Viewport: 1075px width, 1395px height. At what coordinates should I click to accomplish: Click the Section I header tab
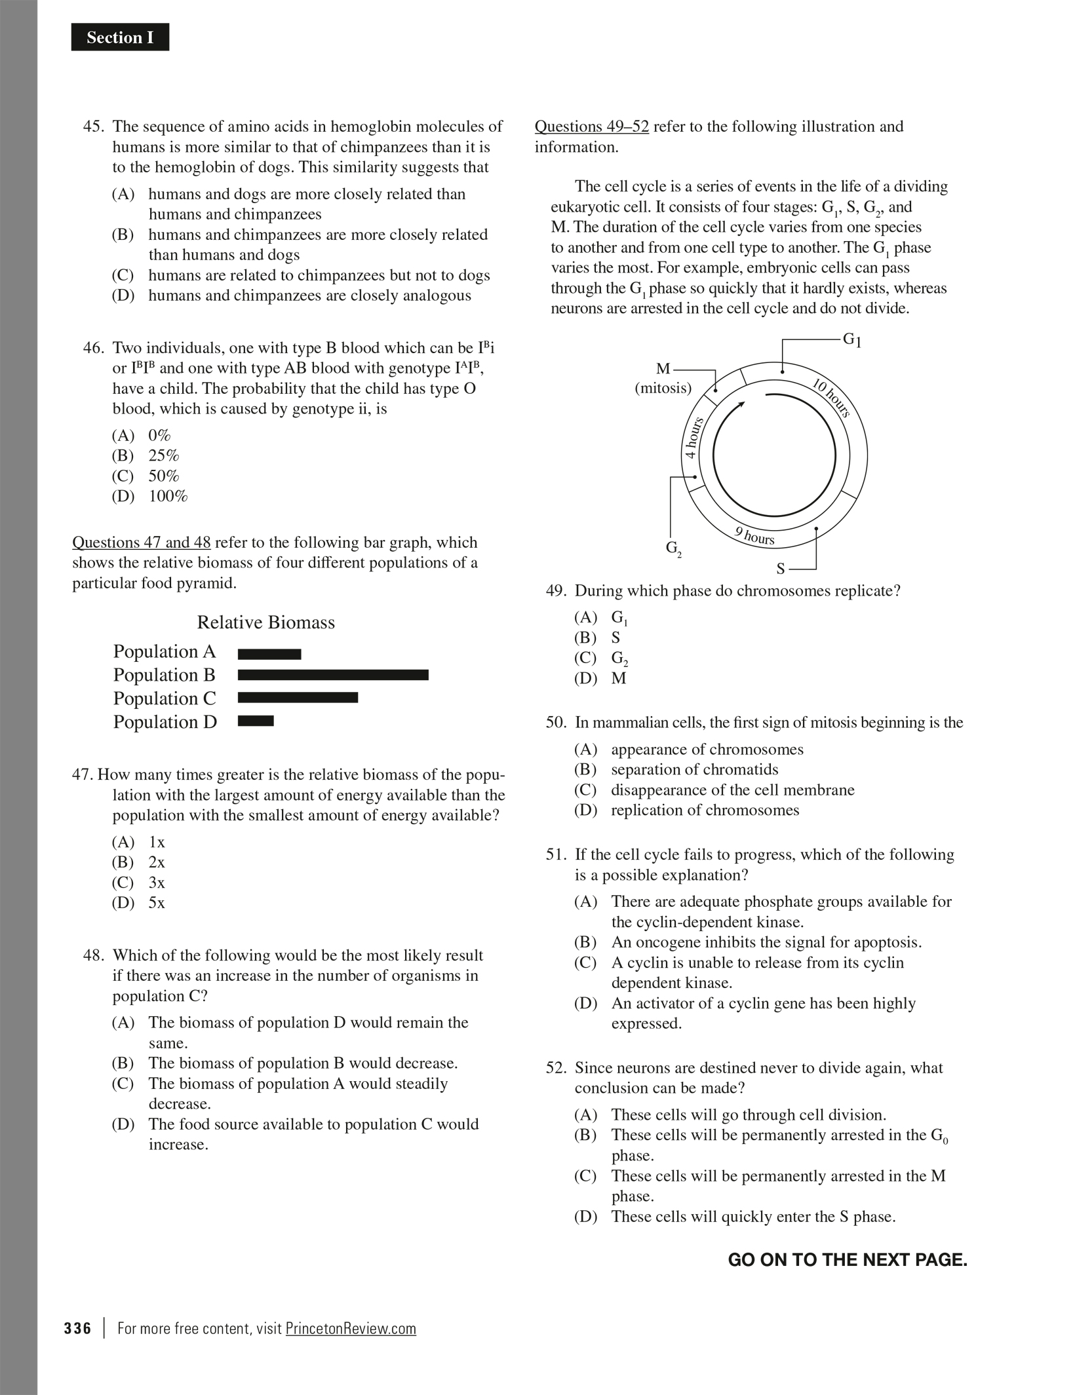click(120, 37)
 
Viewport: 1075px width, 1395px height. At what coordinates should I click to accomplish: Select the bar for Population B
click(333, 675)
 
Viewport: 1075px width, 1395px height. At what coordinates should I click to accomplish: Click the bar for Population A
click(269, 654)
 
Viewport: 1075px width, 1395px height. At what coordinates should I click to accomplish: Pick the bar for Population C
click(298, 698)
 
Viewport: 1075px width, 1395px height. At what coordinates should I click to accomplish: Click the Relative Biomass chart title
click(265, 622)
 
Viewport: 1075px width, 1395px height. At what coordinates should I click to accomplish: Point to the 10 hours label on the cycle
click(832, 398)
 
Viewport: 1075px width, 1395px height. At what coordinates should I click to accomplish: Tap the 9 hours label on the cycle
click(754, 536)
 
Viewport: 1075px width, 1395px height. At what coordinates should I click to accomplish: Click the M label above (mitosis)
click(663, 369)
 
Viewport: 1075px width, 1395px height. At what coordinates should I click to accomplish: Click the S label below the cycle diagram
click(780, 569)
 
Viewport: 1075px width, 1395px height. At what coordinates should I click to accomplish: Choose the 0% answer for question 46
click(159, 435)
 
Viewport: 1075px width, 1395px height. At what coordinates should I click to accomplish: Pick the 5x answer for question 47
click(157, 903)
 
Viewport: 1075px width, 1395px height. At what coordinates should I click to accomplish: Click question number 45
click(93, 126)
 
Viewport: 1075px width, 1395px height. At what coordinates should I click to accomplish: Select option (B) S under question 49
click(616, 638)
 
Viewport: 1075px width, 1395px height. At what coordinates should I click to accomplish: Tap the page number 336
click(77, 1328)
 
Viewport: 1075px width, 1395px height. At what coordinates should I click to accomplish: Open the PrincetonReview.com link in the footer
click(351, 1328)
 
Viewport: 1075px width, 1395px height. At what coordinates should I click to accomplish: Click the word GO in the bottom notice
click(741, 1260)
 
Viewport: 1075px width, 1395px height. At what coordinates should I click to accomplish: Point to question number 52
click(556, 1067)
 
